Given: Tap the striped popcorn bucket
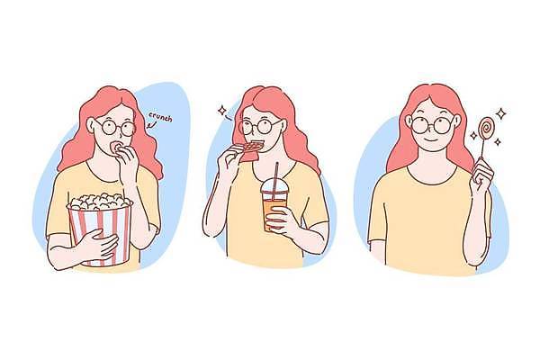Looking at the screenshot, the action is click(x=100, y=234).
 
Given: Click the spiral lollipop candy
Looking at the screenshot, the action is click(x=486, y=128).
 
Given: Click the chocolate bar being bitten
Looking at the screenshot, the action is click(x=251, y=151).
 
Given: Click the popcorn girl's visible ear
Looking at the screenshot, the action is click(x=91, y=125).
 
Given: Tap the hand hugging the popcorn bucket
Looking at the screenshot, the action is click(x=99, y=244).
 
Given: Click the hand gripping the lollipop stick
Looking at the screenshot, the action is click(x=481, y=172).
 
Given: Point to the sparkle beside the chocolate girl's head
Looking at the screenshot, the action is click(x=222, y=110).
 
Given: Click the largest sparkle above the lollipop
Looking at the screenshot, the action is click(x=501, y=113).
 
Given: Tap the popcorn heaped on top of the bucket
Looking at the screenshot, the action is click(x=100, y=202).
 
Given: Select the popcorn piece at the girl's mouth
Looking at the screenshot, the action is click(x=117, y=147).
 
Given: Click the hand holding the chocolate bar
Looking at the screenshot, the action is click(x=229, y=159).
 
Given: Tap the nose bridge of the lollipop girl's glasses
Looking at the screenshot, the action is click(x=431, y=123).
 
